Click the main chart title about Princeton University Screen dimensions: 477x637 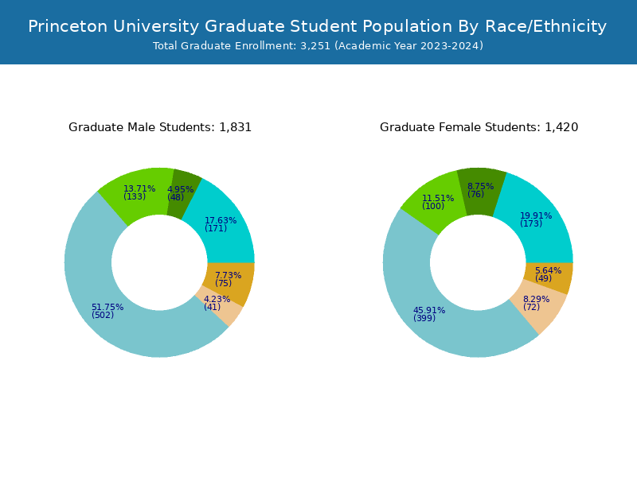click(318, 26)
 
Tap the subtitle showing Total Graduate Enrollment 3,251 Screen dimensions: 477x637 click(318, 46)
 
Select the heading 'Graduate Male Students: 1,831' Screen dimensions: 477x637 click(160, 127)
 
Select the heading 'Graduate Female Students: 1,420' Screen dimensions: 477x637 click(479, 127)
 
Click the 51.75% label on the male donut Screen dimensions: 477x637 click(107, 307)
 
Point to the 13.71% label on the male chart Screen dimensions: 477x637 click(139, 188)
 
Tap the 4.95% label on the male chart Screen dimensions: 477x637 click(181, 189)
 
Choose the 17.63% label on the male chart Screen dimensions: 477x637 click(221, 220)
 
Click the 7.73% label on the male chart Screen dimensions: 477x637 click(228, 275)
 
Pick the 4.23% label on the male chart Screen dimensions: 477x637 click(217, 299)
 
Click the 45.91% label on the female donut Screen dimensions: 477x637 click(429, 310)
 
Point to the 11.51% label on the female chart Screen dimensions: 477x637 click(438, 198)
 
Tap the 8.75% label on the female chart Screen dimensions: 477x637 click(480, 186)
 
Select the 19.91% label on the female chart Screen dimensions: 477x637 click(536, 215)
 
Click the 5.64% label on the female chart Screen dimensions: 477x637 click(548, 270)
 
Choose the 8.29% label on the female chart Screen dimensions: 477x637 click(536, 299)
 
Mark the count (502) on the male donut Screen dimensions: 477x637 click(103, 316)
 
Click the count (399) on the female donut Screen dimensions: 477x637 click(424, 319)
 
